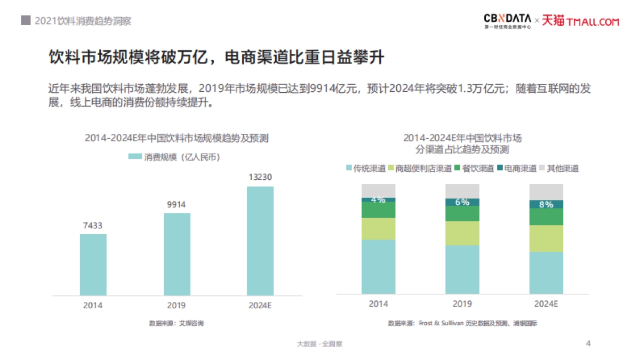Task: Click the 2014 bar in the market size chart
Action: point(93,265)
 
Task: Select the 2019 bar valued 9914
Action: point(177,254)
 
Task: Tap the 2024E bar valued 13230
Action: point(260,241)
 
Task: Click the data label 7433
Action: point(93,225)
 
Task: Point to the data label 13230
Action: point(260,177)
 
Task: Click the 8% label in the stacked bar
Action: point(546,204)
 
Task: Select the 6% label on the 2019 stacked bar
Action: point(462,202)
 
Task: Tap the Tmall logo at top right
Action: point(581,21)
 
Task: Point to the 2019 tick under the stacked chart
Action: point(462,304)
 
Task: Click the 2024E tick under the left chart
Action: point(260,306)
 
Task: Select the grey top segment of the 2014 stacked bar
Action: point(378,190)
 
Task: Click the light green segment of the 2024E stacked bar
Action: point(546,238)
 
